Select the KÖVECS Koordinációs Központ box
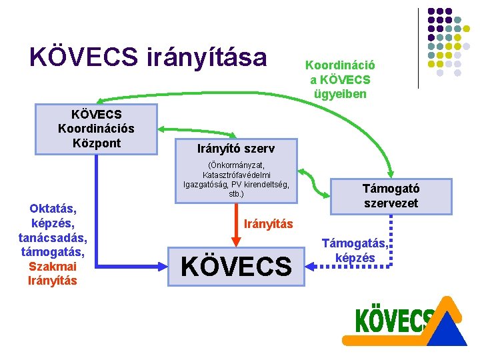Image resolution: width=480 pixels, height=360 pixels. (x=96, y=126)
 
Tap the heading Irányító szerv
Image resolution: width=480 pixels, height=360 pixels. (x=235, y=147)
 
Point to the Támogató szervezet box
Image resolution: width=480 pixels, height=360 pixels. (x=391, y=196)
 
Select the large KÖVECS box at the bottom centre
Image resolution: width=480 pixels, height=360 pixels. (x=237, y=267)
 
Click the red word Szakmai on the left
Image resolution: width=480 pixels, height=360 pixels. (x=52, y=267)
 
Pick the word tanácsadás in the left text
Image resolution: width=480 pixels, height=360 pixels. (x=53, y=238)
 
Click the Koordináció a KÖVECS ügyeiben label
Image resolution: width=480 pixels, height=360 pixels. (x=339, y=79)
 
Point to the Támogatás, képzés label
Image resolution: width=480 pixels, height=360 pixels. (x=355, y=251)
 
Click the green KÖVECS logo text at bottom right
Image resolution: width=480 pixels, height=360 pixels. (x=393, y=321)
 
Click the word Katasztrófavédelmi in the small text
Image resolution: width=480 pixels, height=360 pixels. (x=236, y=175)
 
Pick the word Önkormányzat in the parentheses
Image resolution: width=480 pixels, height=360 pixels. (x=237, y=165)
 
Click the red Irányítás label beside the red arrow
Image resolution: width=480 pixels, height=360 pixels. (x=268, y=224)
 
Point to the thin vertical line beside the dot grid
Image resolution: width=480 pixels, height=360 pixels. (x=419, y=48)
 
